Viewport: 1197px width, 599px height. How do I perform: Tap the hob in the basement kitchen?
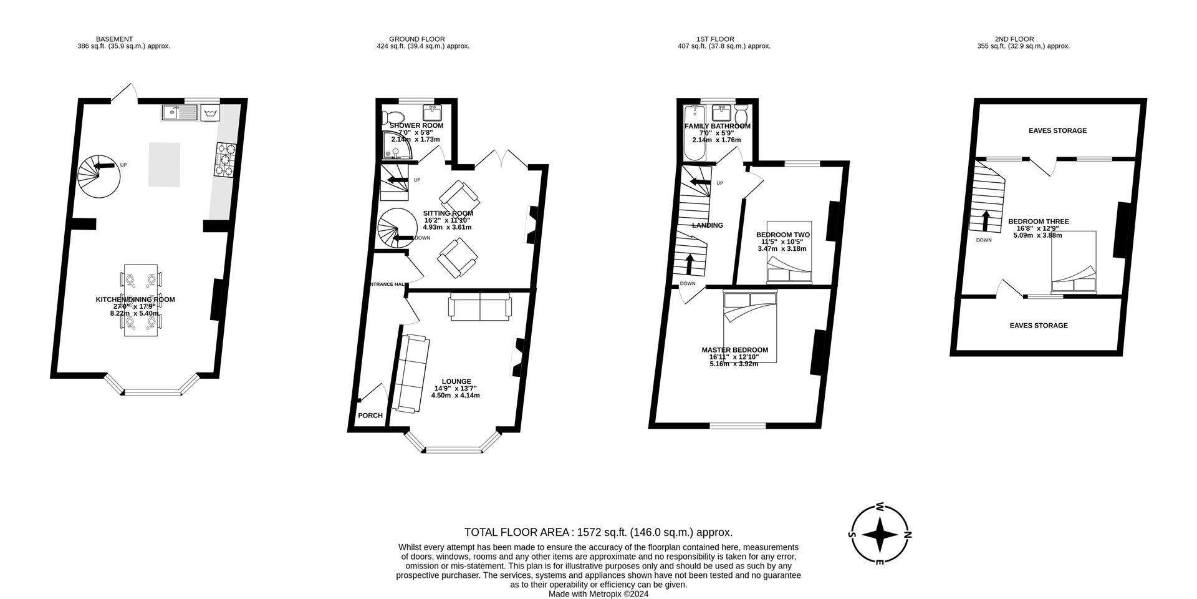(x=225, y=159)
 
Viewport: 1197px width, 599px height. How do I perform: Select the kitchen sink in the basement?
(x=179, y=112)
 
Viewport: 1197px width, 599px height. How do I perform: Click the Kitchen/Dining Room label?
(x=135, y=299)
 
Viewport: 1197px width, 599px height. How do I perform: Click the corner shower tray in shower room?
(x=394, y=146)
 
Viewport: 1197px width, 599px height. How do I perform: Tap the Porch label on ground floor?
(x=370, y=416)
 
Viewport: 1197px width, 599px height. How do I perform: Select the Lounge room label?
(x=456, y=381)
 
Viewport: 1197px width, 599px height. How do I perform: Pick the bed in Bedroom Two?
(x=789, y=252)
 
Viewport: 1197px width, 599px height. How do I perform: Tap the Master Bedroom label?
(x=734, y=350)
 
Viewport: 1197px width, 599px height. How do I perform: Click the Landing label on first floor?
(x=708, y=225)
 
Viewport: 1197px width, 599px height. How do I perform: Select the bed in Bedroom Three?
(x=1074, y=262)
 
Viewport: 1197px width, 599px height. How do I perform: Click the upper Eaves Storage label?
(x=1057, y=130)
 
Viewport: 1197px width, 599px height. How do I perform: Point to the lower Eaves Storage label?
(x=1039, y=325)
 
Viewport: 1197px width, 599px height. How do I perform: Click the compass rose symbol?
(x=880, y=535)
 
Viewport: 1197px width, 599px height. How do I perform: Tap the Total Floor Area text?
(x=598, y=532)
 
